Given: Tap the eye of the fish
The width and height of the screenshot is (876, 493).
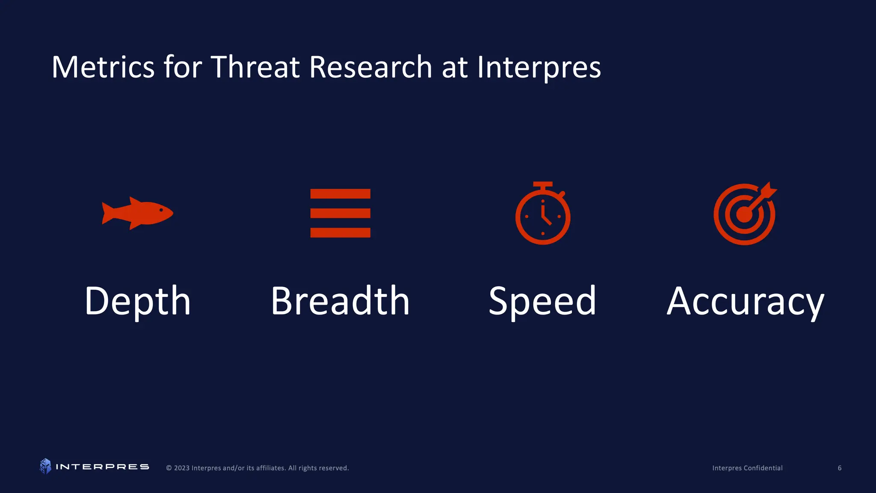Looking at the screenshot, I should pyautogui.click(x=161, y=210).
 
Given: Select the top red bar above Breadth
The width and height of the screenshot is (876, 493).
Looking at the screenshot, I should pyautogui.click(x=340, y=194).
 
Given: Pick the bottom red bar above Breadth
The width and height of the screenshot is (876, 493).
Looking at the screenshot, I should pyautogui.click(x=340, y=232).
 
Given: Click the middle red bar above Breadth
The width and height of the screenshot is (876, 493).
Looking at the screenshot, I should pyautogui.click(x=340, y=213).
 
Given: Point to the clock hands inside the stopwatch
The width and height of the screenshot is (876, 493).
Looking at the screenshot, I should pyautogui.click(x=545, y=216).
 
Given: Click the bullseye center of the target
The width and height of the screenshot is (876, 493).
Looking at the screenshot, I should pyautogui.click(x=744, y=215).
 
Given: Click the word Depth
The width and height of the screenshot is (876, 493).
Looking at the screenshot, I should pyautogui.click(x=137, y=301).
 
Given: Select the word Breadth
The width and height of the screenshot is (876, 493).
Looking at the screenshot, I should pyautogui.click(x=340, y=301).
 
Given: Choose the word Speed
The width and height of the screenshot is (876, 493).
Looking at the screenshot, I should pyautogui.click(x=542, y=301).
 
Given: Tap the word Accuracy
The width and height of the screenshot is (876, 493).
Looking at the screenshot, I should pyautogui.click(x=745, y=301).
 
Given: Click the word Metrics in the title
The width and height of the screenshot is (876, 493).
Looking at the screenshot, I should pyautogui.click(x=103, y=67).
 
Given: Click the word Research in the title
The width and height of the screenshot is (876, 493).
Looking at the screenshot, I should pyautogui.click(x=370, y=67).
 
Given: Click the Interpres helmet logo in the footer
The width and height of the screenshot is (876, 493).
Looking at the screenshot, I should pyautogui.click(x=45, y=466).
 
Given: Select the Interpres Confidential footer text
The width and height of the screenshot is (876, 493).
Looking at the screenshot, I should pyautogui.click(x=747, y=468).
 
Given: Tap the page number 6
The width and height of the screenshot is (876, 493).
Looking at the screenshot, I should pyautogui.click(x=839, y=468).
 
